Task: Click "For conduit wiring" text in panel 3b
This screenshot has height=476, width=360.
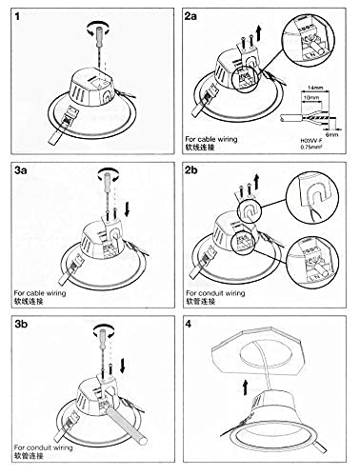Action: (44, 445)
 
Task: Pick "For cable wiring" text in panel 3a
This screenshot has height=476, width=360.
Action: (41, 293)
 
